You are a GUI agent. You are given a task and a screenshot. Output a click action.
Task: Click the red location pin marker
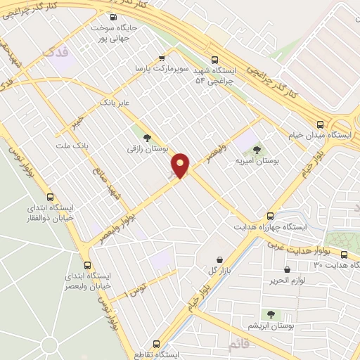pos(181,166)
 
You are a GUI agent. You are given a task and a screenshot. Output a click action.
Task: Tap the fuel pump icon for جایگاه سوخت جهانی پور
pos(114,18)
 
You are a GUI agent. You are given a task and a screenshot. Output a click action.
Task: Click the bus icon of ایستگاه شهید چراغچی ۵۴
pos(215,60)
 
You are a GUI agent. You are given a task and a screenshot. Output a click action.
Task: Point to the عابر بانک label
pos(116,103)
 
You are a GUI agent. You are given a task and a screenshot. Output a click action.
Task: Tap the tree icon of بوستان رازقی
pos(147,137)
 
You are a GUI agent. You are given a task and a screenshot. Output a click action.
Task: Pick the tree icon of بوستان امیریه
pos(256,149)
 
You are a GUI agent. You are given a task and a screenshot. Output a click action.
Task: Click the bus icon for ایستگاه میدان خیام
pos(320,122)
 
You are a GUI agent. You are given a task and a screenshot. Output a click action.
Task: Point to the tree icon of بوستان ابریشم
pos(271,314)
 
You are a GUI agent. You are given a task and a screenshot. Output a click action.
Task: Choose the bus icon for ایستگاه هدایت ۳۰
pos(344,255)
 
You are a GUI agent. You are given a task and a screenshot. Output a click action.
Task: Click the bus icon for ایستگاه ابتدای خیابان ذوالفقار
pos(49,198)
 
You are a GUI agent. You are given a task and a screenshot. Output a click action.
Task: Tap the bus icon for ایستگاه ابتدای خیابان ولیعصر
pos(88,266)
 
